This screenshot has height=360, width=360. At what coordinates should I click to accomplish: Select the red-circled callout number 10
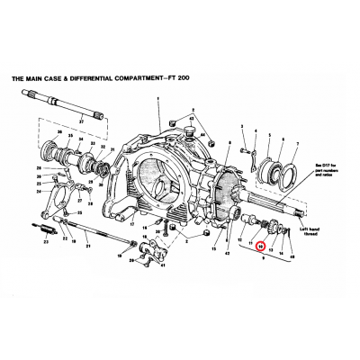(260, 243)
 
